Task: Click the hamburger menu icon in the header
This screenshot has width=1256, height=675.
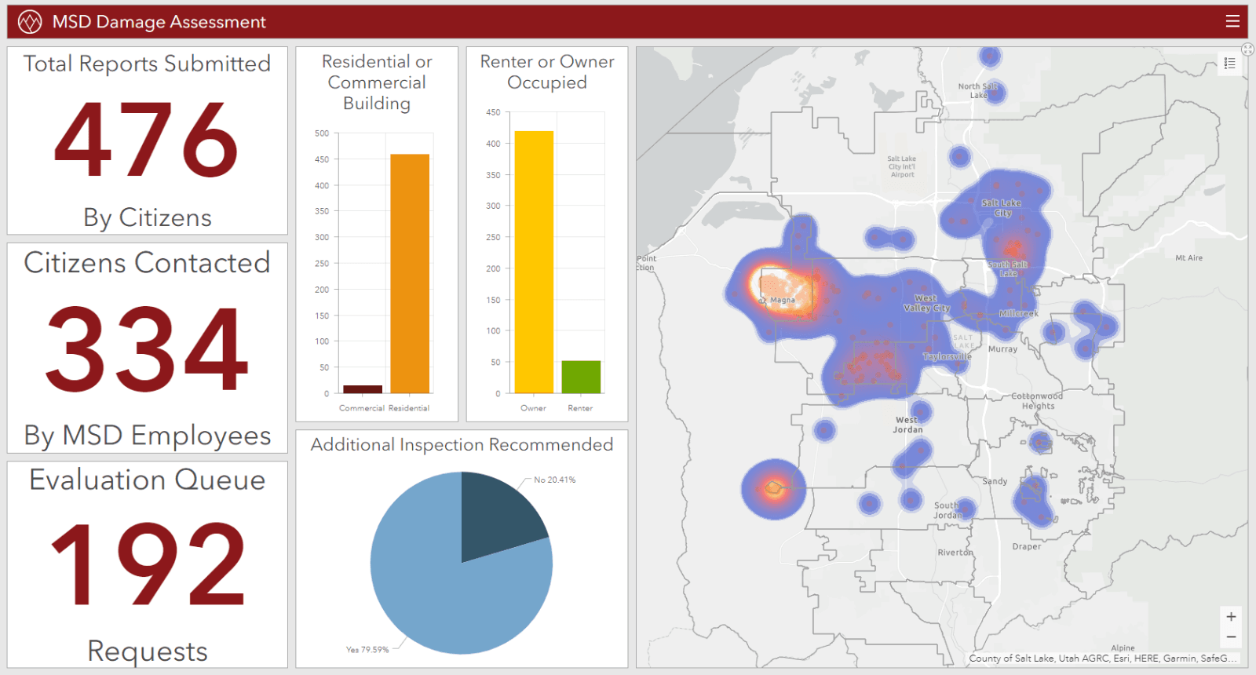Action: click(x=1232, y=21)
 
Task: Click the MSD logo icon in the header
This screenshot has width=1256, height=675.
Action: click(x=30, y=21)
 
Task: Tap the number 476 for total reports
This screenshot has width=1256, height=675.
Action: click(x=147, y=140)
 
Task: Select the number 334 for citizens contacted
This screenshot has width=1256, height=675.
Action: click(x=147, y=350)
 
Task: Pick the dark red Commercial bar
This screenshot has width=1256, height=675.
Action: click(x=363, y=389)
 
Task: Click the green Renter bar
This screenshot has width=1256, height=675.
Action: click(x=581, y=377)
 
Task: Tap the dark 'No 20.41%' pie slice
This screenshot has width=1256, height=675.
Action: click(x=498, y=514)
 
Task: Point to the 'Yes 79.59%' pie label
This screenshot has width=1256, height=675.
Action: click(x=367, y=650)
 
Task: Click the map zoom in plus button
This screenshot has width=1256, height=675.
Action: click(x=1231, y=617)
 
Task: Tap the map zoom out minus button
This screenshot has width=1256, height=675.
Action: click(x=1231, y=637)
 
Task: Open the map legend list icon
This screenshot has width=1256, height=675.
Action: click(x=1230, y=64)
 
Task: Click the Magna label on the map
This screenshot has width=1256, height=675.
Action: click(x=782, y=300)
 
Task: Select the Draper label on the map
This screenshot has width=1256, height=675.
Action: click(x=1026, y=546)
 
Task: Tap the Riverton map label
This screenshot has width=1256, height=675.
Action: click(x=955, y=553)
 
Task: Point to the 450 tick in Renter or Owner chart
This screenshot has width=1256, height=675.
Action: click(x=493, y=112)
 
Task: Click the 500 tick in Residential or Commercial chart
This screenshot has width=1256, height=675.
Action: click(x=322, y=133)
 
